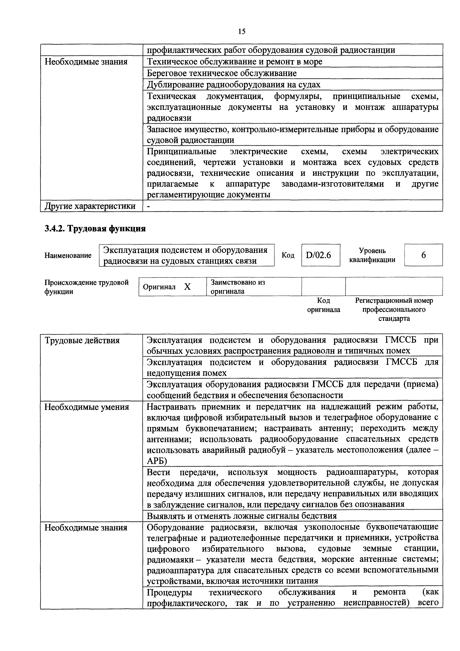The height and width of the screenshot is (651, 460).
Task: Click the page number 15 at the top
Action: pos(241,32)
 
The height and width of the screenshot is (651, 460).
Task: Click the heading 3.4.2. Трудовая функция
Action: pos(95,228)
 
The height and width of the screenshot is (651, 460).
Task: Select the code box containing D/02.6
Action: pos(321,255)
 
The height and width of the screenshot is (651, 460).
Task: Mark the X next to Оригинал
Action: pos(187,287)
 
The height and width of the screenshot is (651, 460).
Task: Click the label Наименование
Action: pos(68,256)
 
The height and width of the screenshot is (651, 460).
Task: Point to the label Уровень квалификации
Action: pos(372,255)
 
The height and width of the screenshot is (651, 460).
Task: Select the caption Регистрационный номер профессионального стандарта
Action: pos(394,309)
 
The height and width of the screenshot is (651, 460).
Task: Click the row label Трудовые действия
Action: pos(82,340)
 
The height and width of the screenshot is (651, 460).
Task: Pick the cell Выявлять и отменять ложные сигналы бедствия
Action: pos(241,516)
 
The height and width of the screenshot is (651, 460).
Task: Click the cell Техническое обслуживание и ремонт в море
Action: pos(234,62)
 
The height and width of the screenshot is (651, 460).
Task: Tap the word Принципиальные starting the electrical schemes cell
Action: pos(181,152)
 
